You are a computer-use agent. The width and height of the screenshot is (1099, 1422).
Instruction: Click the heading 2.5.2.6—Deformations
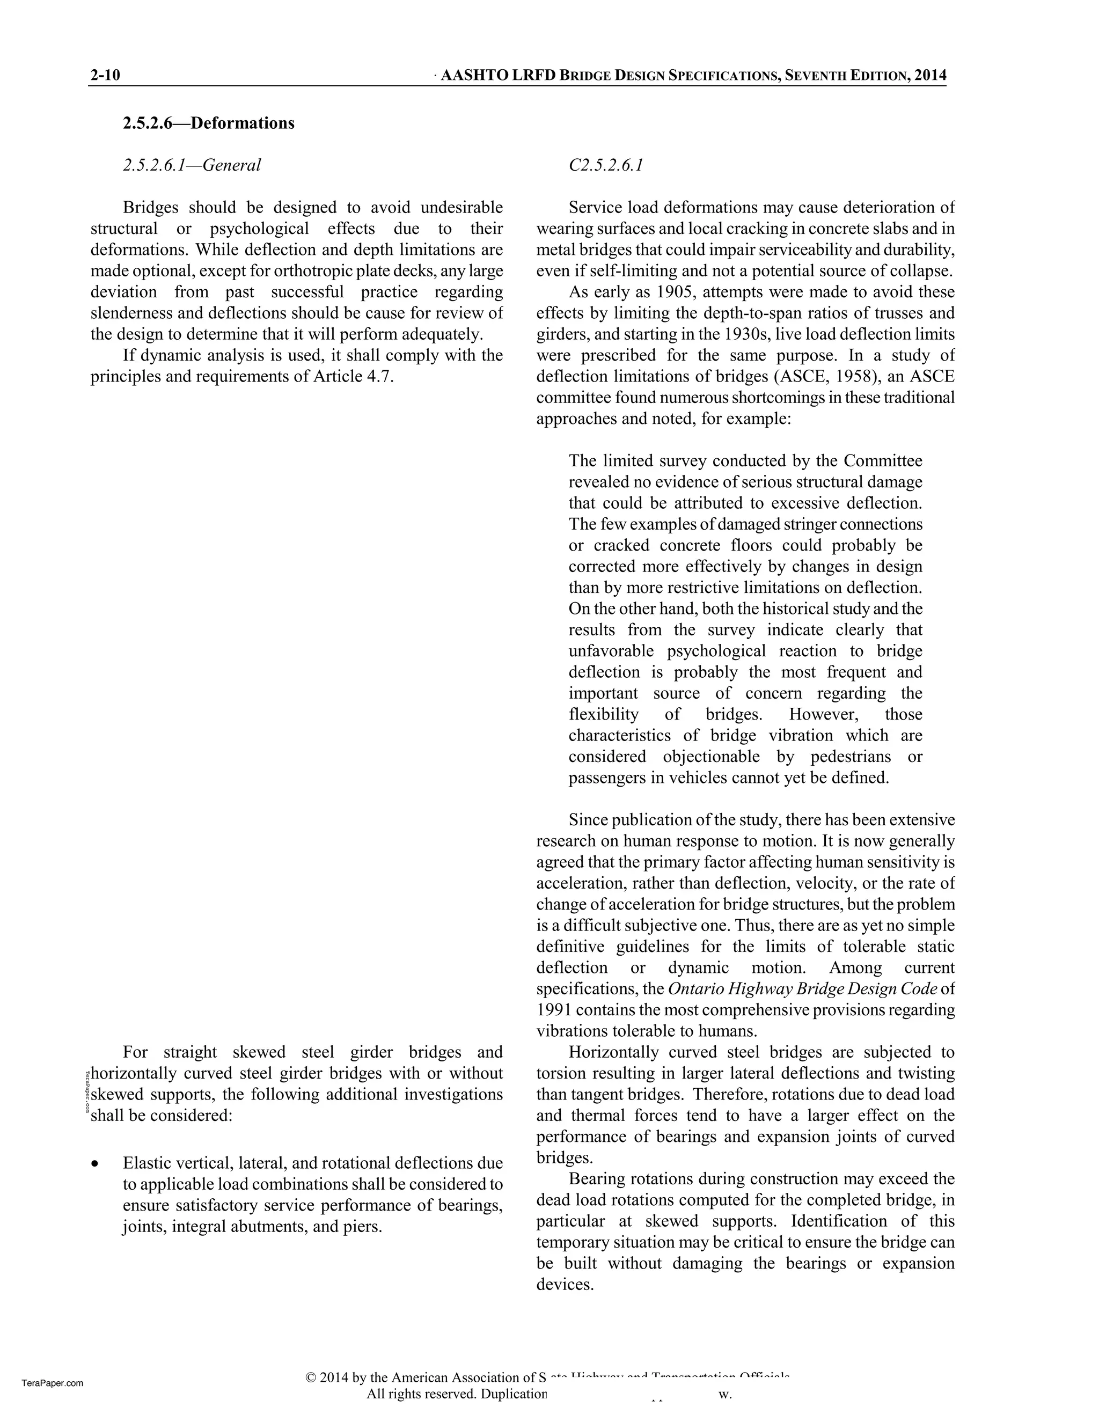pyautogui.click(x=208, y=123)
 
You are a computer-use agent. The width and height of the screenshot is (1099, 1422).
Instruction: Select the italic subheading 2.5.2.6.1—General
pyautogui.click(x=192, y=165)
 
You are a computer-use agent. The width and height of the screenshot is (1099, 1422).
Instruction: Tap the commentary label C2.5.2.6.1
pyautogui.click(x=605, y=165)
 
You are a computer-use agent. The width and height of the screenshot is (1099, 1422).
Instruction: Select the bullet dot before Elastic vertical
pyautogui.click(x=96, y=1163)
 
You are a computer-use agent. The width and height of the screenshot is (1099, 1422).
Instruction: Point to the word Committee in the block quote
pyautogui.click(x=883, y=461)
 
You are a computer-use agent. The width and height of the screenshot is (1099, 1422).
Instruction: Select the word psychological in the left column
pyautogui.click(x=259, y=229)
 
